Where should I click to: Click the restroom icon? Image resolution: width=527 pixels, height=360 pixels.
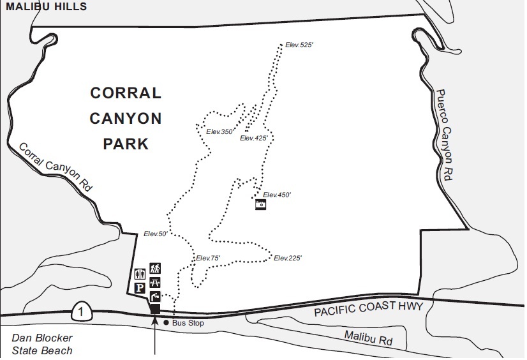(140, 273)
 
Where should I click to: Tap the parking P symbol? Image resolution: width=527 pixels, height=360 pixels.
(140, 288)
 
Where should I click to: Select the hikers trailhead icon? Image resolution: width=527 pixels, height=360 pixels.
(155, 268)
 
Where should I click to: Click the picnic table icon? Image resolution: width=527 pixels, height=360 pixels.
(155, 282)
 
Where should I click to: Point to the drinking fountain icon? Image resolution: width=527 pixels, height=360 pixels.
(155, 296)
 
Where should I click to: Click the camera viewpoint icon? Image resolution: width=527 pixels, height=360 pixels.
(260, 204)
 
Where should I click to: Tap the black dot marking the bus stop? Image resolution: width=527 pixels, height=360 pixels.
(167, 322)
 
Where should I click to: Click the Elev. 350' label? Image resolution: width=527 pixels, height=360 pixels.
(220, 131)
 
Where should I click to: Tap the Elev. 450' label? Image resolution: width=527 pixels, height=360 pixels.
(277, 195)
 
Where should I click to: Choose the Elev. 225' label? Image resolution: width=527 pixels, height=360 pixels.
(287, 258)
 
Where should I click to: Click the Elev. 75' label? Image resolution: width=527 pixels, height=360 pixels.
(207, 258)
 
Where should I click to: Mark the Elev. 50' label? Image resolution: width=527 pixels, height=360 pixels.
(155, 234)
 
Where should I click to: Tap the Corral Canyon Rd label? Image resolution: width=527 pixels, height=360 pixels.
(56, 167)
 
